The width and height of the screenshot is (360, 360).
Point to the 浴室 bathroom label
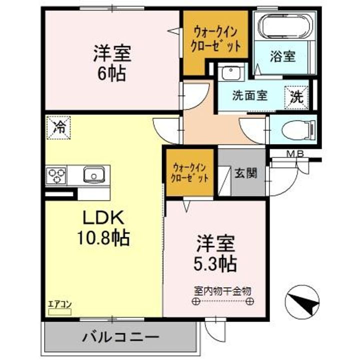pyautogui.click(x=283, y=56)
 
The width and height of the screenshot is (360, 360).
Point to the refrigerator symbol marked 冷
pyautogui.click(x=59, y=126)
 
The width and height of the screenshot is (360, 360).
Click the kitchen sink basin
pyautogui.click(x=93, y=175)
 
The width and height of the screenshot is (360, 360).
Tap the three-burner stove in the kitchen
pyautogui.click(x=56, y=175)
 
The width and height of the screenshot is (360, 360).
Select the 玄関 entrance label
pyautogui.click(x=246, y=173)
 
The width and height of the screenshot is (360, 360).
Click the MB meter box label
pyautogui.click(x=294, y=153)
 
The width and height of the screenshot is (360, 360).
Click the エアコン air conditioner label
pyautogui.click(x=59, y=303)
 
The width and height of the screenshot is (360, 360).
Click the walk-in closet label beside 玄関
pyautogui.click(x=190, y=172)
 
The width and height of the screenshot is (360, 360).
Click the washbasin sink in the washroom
pyautogui.click(x=230, y=73)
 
